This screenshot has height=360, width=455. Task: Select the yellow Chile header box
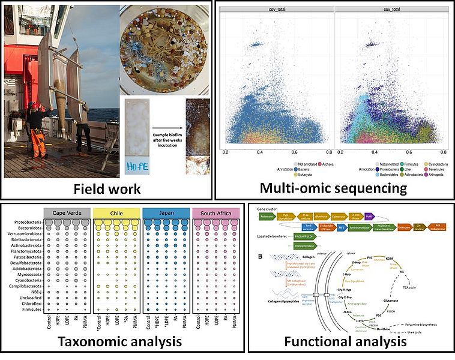(x=116, y=214)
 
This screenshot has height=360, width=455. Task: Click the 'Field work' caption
(x=107, y=189)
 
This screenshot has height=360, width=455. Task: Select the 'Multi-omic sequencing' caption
(x=334, y=188)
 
